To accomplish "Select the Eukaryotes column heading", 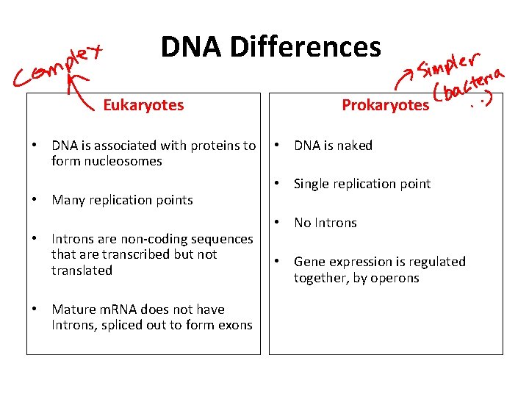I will tap(143, 105).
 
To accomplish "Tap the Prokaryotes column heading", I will tap(385, 105).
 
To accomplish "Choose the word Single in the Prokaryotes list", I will tap(313, 184).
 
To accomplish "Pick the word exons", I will tap(234, 325).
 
